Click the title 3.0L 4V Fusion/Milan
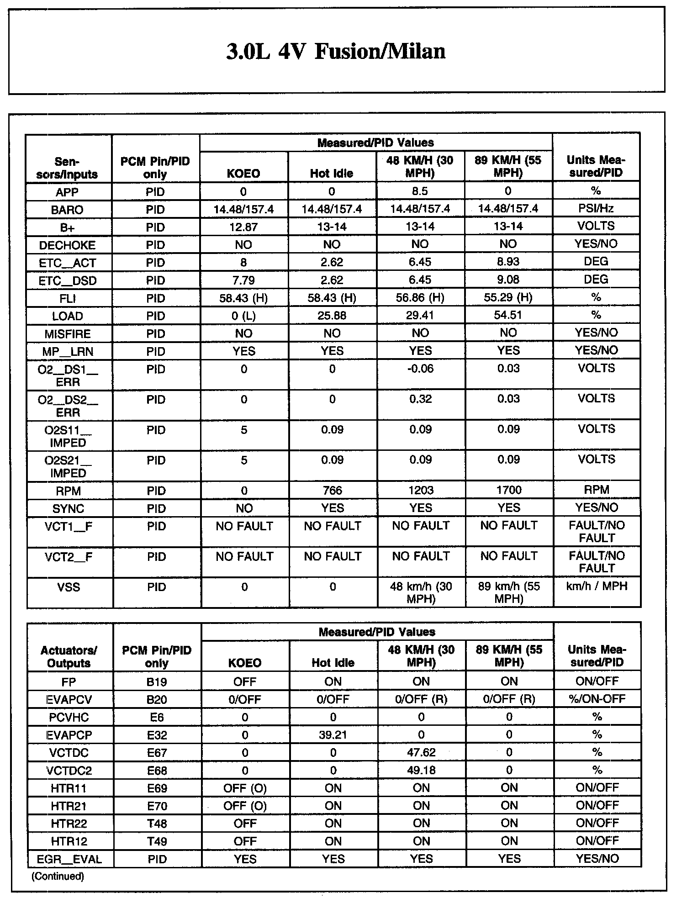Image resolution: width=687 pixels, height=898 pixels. coord(336,51)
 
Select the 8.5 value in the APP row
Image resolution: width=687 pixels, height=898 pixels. coord(420,191)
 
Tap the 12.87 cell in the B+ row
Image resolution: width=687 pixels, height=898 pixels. coord(243,227)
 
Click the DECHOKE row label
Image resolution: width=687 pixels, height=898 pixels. coord(67,245)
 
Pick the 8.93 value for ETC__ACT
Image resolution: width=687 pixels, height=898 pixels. coord(508,262)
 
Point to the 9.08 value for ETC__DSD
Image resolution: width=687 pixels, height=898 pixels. coord(508,280)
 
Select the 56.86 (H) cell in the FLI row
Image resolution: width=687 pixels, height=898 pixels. coord(420,298)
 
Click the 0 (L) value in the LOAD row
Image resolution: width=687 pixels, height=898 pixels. coord(243,316)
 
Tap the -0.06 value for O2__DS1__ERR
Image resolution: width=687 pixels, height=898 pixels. coord(420,369)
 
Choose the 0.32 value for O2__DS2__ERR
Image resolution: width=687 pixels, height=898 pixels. coord(420,399)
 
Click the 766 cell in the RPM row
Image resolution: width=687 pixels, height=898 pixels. coord(332,491)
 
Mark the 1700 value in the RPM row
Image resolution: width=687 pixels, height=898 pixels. coord(508,491)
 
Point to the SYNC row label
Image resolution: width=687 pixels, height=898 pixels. coord(68,508)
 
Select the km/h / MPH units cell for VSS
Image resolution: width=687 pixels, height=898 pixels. coord(597,586)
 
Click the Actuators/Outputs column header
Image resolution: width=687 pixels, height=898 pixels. coord(69,656)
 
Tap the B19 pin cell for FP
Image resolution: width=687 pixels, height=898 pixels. coord(157,682)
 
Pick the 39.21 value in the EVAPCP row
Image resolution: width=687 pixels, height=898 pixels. coord(333,735)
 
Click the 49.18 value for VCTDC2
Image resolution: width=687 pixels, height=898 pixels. coord(421,771)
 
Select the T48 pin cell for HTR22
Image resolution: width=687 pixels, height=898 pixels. coord(157,824)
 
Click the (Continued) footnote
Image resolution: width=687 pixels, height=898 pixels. coord(58,876)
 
